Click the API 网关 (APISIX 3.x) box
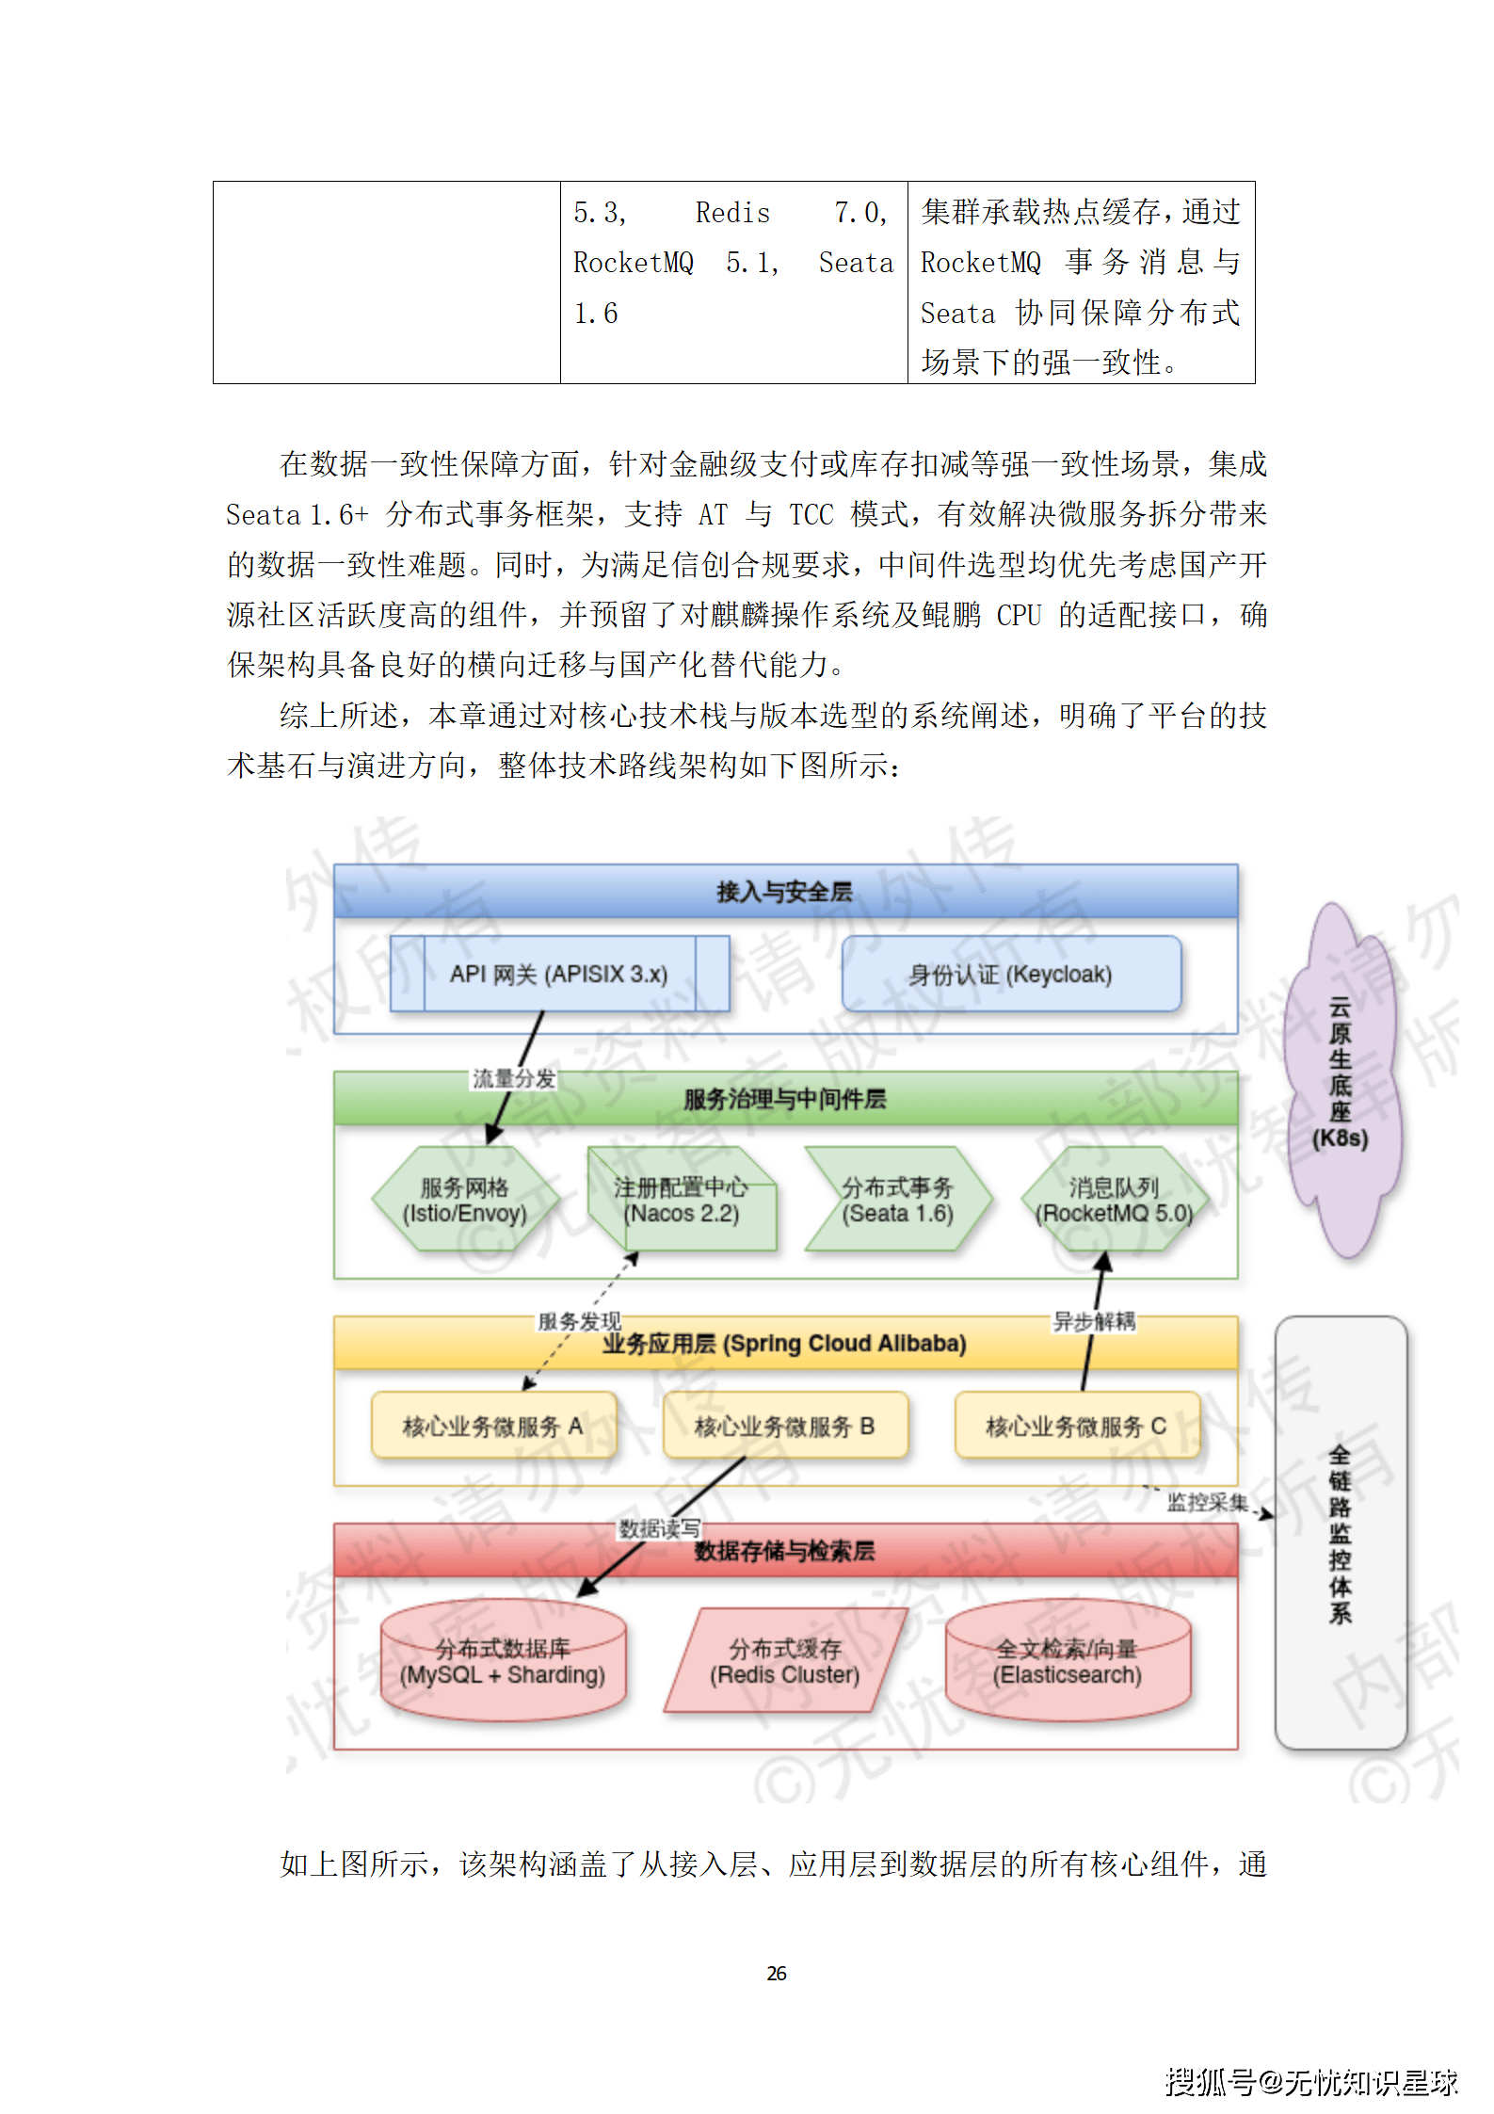tap(559, 974)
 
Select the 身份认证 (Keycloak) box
tap(1010, 974)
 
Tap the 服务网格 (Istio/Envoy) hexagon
tap(465, 1200)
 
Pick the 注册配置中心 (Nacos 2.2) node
tap(682, 1200)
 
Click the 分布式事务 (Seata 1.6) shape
tap(897, 1200)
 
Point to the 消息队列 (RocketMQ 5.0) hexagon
tap(1114, 1200)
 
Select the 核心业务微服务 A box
tap(493, 1426)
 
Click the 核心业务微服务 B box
tap(785, 1426)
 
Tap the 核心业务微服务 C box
tap(1076, 1426)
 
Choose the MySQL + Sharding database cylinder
tap(503, 1661)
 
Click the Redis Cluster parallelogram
tap(785, 1661)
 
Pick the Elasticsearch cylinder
tap(1068, 1661)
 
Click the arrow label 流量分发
tap(514, 1078)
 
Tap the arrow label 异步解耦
tap(1094, 1321)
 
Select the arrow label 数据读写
tap(659, 1528)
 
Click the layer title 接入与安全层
tap(784, 891)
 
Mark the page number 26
tap(777, 1973)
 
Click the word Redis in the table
tap(732, 213)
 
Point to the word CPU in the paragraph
tap(1019, 615)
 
